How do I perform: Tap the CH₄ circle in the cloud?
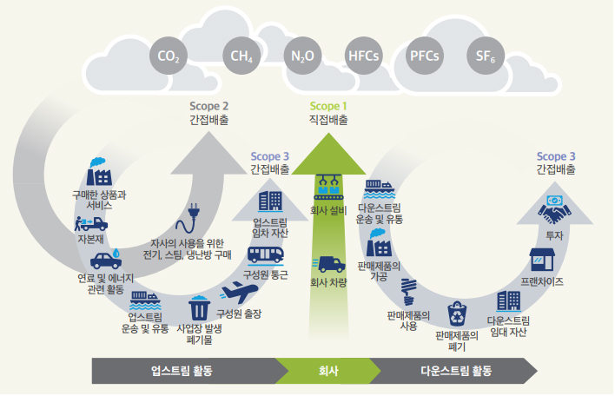pos(241,57)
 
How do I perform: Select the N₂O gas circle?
pos(302,57)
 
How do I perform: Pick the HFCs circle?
pos(364,57)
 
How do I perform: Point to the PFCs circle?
pos(425,57)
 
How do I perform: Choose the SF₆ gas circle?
pos(486,57)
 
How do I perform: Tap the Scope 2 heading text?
pos(209,106)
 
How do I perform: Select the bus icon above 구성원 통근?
pos(265,254)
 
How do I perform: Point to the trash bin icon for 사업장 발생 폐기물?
pos(199,307)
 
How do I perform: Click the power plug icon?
pos(194,214)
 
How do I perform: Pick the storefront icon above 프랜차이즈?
pos(542,259)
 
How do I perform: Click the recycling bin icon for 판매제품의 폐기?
pos(458,313)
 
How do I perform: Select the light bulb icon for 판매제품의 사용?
pos(408,288)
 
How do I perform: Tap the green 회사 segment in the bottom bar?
pos(327,371)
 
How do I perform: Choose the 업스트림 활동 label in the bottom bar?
pos(182,371)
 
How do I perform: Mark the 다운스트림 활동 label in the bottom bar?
pos(455,371)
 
